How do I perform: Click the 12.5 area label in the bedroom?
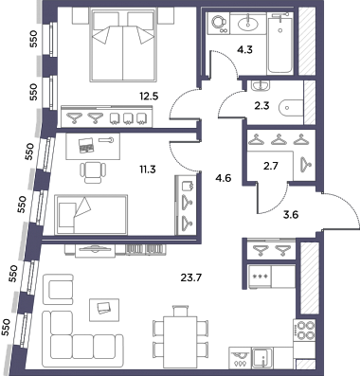[149, 96]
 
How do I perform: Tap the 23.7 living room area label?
[191, 278]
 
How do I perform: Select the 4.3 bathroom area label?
[245, 50]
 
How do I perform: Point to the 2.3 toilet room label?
[261, 106]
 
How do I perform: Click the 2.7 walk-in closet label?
[271, 166]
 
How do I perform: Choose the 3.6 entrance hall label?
[291, 215]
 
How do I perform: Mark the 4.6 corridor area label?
[224, 179]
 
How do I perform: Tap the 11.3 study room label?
[148, 170]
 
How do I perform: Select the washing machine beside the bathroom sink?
[218, 23]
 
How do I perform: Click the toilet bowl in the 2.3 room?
[291, 108]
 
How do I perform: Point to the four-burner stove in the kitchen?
[304, 330]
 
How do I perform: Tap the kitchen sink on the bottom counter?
[262, 358]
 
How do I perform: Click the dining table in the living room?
[180, 342]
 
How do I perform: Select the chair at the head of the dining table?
[181, 311]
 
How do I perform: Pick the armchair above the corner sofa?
[58, 289]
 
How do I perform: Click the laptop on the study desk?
[84, 145]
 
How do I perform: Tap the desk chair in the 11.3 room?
[93, 172]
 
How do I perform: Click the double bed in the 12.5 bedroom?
[123, 45]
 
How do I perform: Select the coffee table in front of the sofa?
[104, 310]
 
